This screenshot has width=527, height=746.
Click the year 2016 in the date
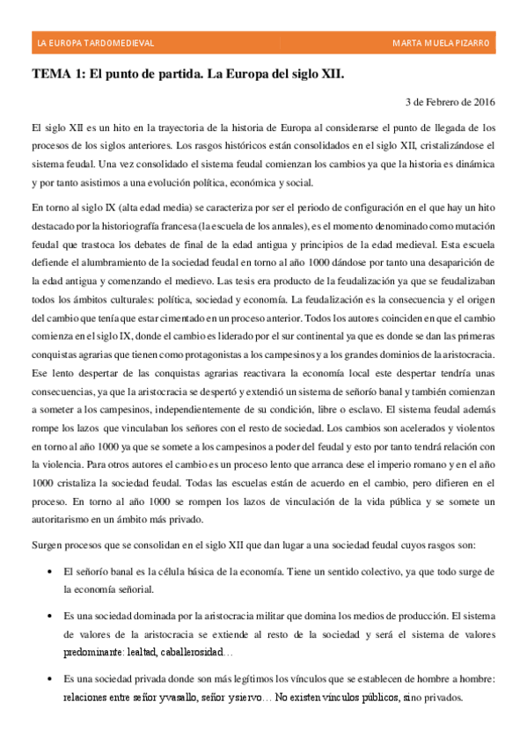480,101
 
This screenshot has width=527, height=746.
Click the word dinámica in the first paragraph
473,164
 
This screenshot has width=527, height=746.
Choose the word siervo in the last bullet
238,698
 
